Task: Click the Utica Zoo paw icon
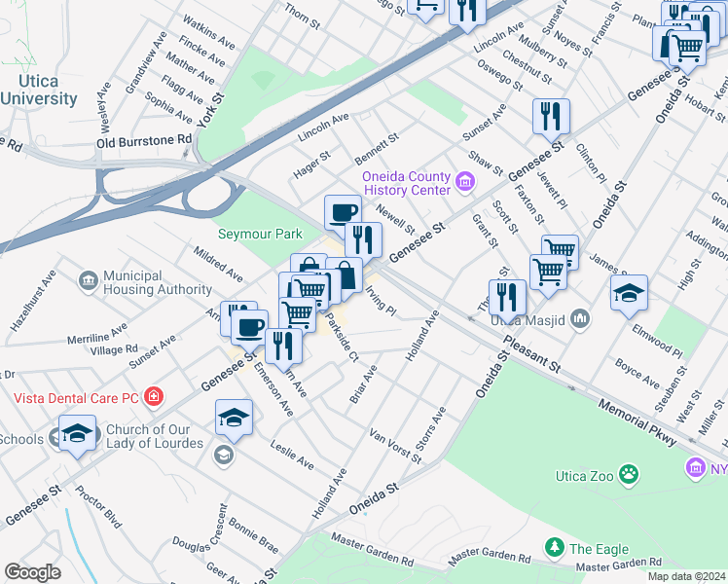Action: pyautogui.click(x=631, y=474)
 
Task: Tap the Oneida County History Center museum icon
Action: pyautogui.click(x=464, y=182)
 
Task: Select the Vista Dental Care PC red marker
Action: pyautogui.click(x=153, y=396)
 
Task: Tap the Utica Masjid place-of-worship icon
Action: pyautogui.click(x=580, y=318)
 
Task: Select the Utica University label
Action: pyautogui.click(x=38, y=91)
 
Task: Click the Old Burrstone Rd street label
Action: pyautogui.click(x=144, y=141)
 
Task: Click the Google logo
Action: pyautogui.click(x=32, y=571)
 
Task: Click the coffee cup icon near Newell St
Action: pyautogui.click(x=343, y=211)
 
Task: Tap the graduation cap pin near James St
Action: pyautogui.click(x=629, y=292)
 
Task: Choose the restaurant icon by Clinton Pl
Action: pyautogui.click(x=551, y=116)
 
